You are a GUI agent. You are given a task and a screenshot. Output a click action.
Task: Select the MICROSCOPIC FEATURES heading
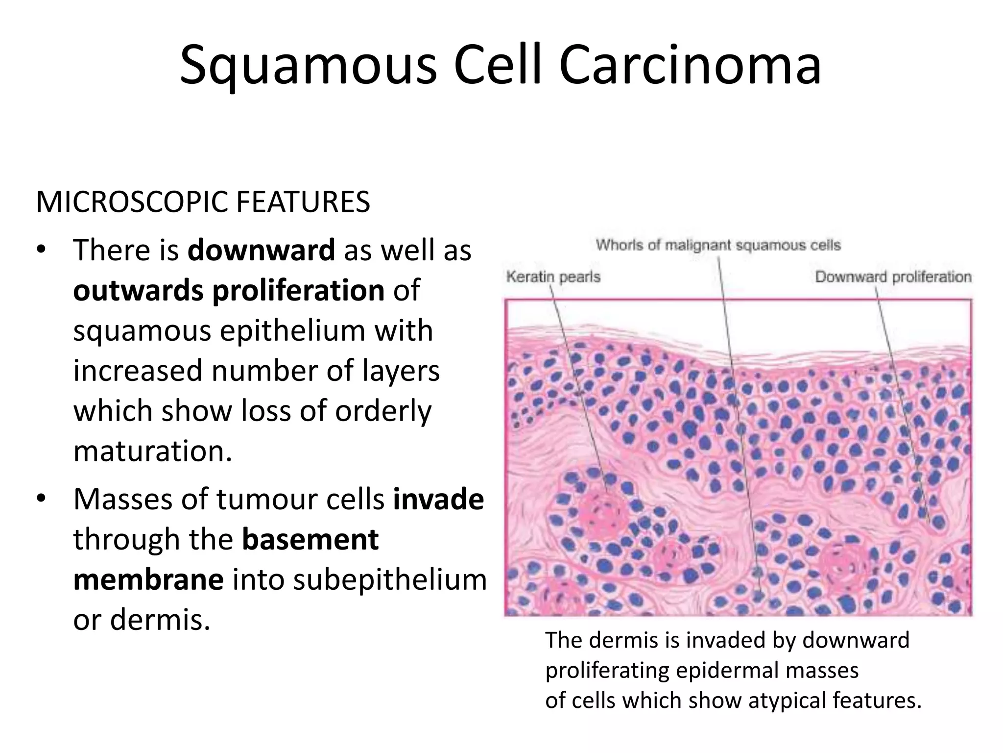click(203, 202)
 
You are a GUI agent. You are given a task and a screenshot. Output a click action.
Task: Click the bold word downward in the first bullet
click(261, 250)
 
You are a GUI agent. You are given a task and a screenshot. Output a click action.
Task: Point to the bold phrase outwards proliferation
click(229, 290)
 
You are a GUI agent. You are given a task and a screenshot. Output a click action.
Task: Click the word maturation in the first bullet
click(152, 451)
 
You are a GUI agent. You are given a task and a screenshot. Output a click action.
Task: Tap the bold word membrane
click(148, 579)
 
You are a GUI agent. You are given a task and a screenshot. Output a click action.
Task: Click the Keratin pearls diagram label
click(553, 277)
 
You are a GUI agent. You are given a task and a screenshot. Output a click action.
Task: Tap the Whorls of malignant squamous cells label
click(718, 245)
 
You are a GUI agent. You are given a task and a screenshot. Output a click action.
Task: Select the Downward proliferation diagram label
click(893, 277)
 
